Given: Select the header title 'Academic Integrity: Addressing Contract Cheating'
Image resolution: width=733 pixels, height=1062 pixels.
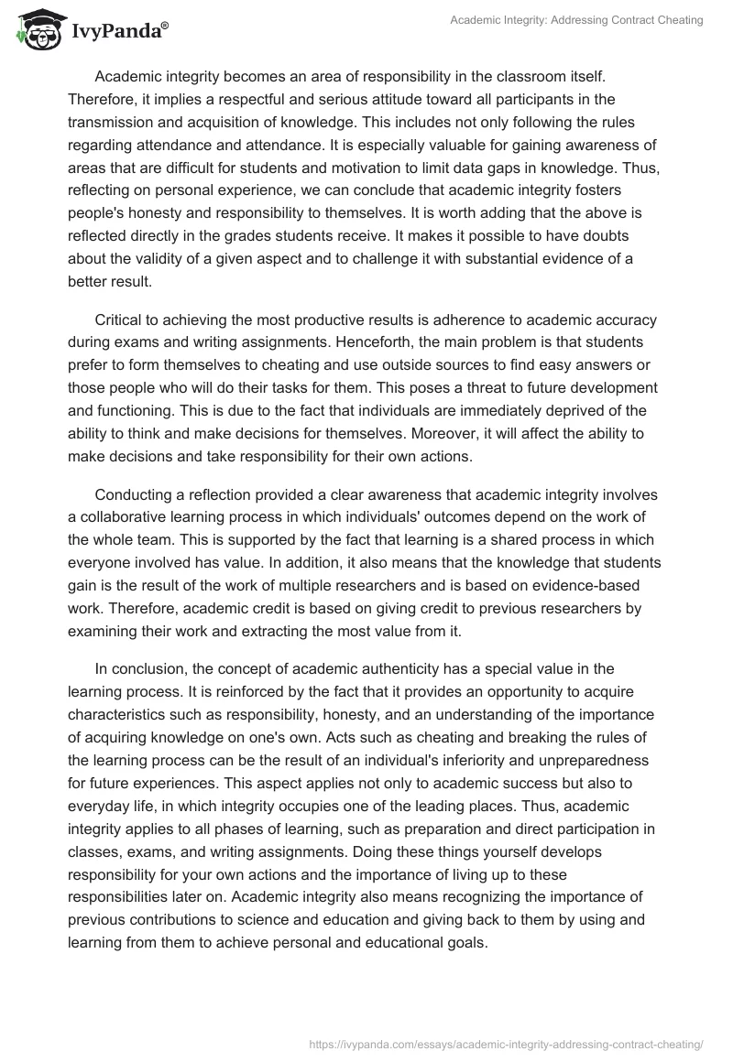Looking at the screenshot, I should coord(577,20).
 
